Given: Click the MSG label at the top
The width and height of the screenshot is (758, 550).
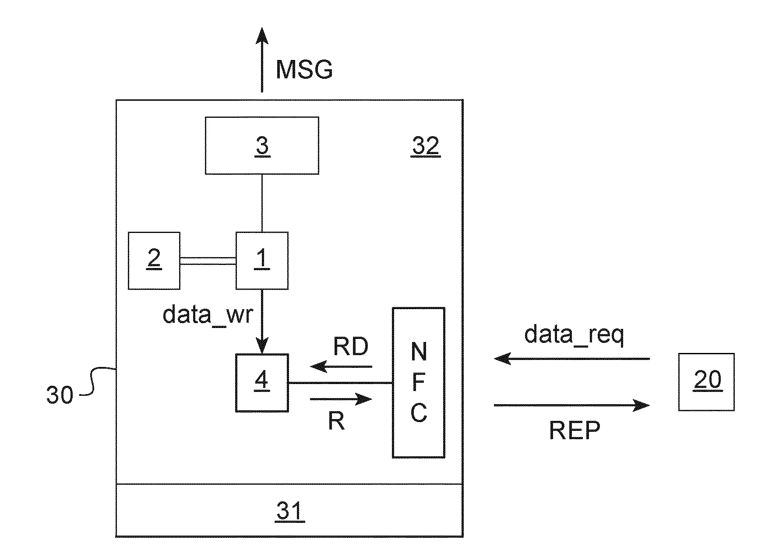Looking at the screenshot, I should coord(304,70).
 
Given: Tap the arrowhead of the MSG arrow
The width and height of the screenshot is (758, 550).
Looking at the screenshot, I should coord(262,35).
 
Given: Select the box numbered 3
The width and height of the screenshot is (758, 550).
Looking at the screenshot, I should coord(262,145).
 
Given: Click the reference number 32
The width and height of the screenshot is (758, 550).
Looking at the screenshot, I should coord(425,146).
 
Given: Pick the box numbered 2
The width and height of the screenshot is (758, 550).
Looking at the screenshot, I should coord(154,261).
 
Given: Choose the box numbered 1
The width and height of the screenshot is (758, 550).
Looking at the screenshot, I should coord(262,261).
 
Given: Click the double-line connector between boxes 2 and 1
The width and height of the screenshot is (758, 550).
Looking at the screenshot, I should coord(208,261).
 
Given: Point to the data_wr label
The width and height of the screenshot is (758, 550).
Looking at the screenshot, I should coord(208,314).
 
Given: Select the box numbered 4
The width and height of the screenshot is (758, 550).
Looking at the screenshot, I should coord(262,383).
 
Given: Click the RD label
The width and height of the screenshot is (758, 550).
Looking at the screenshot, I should coord(351,347).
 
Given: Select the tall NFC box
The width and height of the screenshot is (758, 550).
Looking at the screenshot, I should coord(419,383).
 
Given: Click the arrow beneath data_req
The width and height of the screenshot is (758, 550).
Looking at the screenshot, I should coord(571,359).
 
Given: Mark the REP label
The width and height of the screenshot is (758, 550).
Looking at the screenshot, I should coord(574,430).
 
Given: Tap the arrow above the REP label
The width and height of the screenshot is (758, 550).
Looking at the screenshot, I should coord(571,405).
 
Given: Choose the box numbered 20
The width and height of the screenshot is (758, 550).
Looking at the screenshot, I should coord(706,382).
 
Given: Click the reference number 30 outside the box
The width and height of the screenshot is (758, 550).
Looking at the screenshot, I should coord(60,395).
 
